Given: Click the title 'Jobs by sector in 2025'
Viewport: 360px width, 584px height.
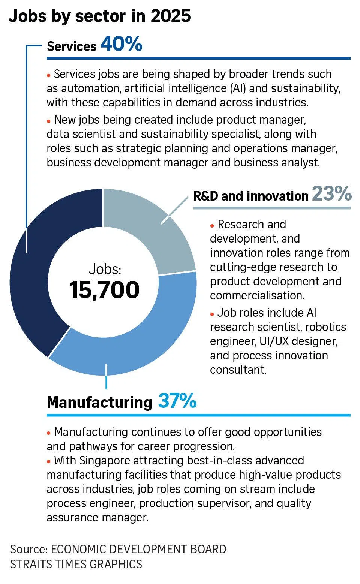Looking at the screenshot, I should tap(100, 16).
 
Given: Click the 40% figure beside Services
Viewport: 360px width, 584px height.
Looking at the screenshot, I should tap(121, 44).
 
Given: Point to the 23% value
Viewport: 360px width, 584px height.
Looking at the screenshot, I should tap(331, 194).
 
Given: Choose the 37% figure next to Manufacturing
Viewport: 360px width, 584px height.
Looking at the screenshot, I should tap(177, 401).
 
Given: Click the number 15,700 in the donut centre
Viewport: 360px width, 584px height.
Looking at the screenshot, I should tap(105, 290).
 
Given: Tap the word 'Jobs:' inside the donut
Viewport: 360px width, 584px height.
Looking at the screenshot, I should tap(105, 269).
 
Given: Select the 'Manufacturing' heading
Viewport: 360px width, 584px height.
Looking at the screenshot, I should tap(99, 402).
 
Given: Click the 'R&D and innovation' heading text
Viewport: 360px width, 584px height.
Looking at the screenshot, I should tap(250, 196).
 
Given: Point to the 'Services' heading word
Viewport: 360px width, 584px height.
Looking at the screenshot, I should tap(72, 46).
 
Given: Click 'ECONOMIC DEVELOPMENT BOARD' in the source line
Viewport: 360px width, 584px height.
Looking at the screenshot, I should tap(138, 549).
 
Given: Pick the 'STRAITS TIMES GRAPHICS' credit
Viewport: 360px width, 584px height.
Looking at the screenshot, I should tap(76, 564).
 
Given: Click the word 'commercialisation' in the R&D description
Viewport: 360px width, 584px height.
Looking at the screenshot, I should tap(257, 296).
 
